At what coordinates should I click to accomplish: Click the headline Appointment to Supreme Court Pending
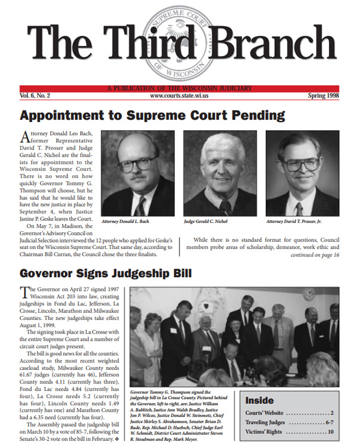pyautogui.click(x=153, y=115)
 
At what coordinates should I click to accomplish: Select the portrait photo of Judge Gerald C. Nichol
pyautogui.click(x=221, y=173)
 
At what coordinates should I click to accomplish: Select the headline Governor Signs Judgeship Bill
pyautogui.click(x=105, y=273)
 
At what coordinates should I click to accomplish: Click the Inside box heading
pyautogui.click(x=259, y=400)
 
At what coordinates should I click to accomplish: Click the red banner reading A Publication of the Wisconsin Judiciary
pyautogui.click(x=180, y=88)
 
